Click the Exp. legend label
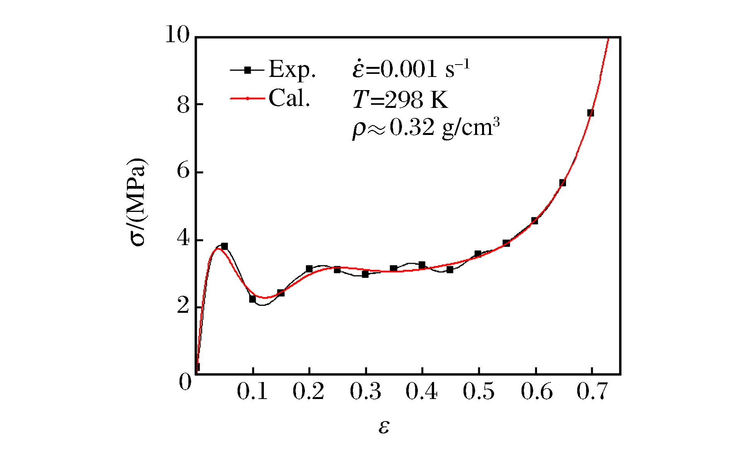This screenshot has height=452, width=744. pyautogui.click(x=292, y=70)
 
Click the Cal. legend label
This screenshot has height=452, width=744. pyautogui.click(x=289, y=98)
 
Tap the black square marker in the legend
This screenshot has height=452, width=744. pyautogui.click(x=248, y=70)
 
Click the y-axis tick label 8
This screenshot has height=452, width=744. pyautogui.click(x=183, y=105)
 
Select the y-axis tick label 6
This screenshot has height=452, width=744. pyautogui.click(x=183, y=171)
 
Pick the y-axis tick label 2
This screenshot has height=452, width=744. pyautogui.click(x=183, y=306)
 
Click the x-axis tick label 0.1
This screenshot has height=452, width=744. pyautogui.click(x=252, y=391)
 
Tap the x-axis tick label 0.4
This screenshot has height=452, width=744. pyautogui.click(x=421, y=391)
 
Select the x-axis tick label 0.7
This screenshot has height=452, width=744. pyautogui.click(x=592, y=391)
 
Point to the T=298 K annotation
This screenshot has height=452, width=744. pyautogui.click(x=400, y=100)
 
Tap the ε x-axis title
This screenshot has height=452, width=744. pyautogui.click(x=383, y=427)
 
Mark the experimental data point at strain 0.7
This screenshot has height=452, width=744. pyautogui.click(x=590, y=113)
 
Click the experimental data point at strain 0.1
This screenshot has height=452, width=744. pyautogui.click(x=253, y=299)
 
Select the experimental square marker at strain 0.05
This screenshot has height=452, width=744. pyautogui.click(x=224, y=246)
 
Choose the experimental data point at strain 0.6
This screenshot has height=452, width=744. pyautogui.click(x=534, y=221)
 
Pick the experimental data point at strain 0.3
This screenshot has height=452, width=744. pyautogui.click(x=365, y=274)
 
